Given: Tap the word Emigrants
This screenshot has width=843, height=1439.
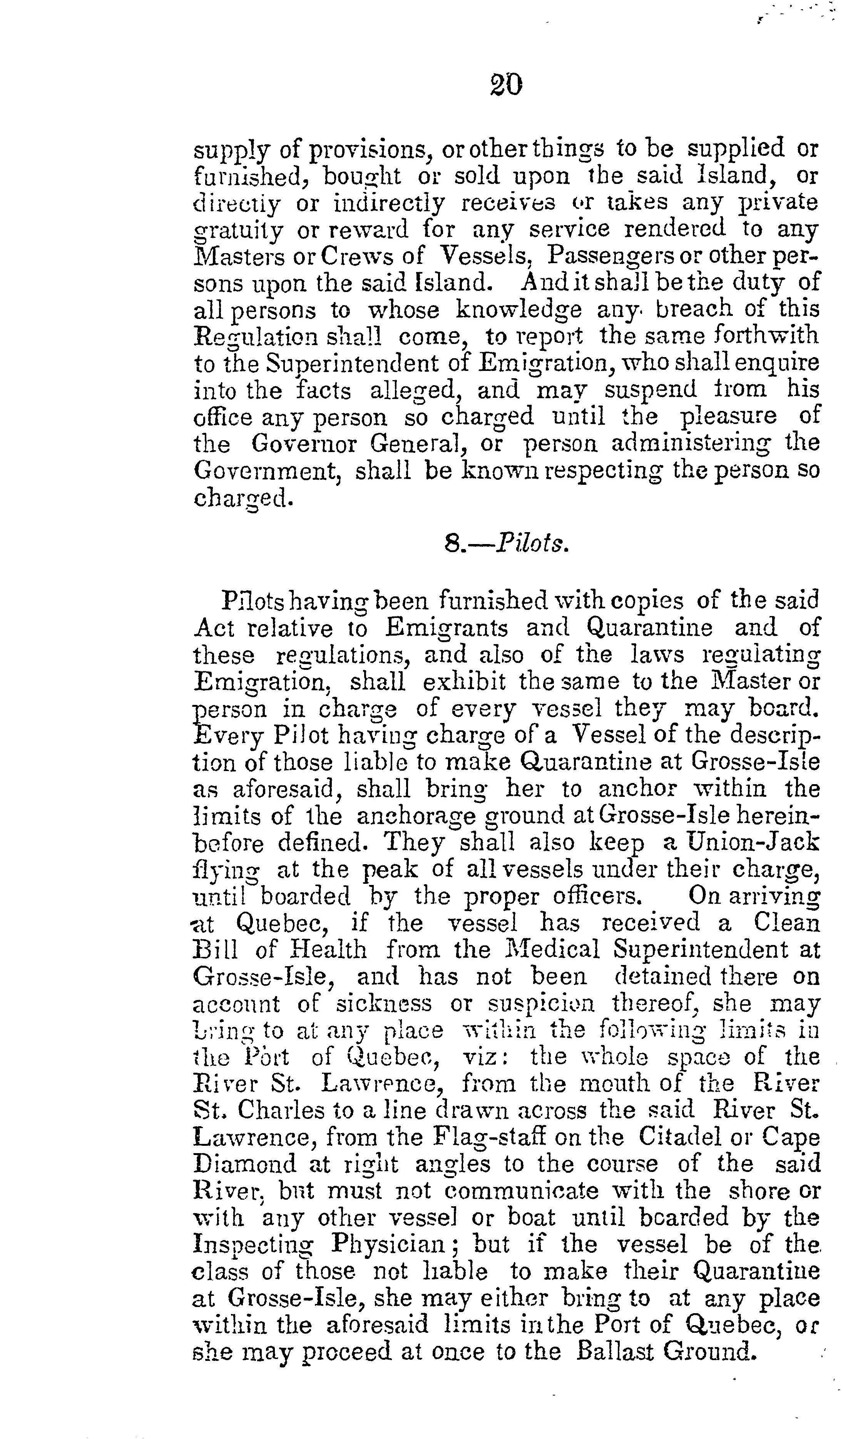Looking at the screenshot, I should click(446, 628).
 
